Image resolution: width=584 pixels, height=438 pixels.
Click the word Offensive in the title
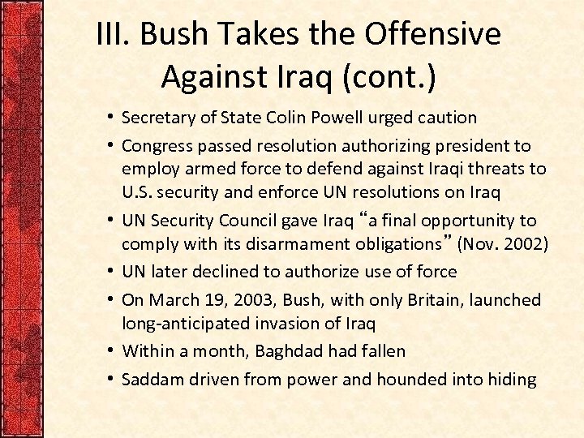pyautogui.click(x=432, y=35)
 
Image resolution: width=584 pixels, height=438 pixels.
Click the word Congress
pyautogui.click(x=158, y=147)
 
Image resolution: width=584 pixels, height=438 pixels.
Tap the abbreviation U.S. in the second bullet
pyautogui.click(x=139, y=193)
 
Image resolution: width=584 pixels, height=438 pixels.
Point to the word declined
pyautogui.click(x=230, y=272)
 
